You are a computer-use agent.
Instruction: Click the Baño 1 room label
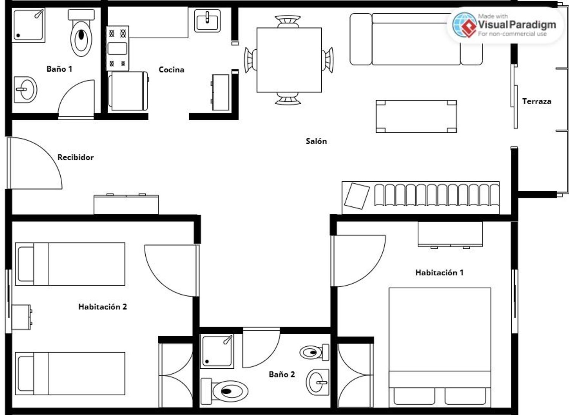(60, 69)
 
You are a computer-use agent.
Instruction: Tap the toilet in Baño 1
(81, 33)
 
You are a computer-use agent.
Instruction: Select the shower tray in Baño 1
(28, 25)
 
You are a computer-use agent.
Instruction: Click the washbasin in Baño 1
(25, 90)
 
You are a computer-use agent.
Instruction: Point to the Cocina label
(171, 69)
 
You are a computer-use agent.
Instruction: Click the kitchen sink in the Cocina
(207, 20)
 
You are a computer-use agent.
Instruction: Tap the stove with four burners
(118, 48)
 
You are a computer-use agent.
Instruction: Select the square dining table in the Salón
(289, 60)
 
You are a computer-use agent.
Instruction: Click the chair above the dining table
(288, 21)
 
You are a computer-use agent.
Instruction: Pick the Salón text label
(316, 141)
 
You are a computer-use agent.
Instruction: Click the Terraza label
(537, 101)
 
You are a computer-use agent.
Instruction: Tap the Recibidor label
(75, 157)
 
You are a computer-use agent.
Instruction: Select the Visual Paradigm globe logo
(465, 25)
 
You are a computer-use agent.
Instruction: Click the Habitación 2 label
(103, 307)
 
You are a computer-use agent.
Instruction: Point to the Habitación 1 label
(439, 273)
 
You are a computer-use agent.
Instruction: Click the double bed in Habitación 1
(440, 348)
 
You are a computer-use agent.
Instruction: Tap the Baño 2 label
(282, 374)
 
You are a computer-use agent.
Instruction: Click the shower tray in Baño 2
(217, 351)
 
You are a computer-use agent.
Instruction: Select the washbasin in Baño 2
(318, 382)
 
